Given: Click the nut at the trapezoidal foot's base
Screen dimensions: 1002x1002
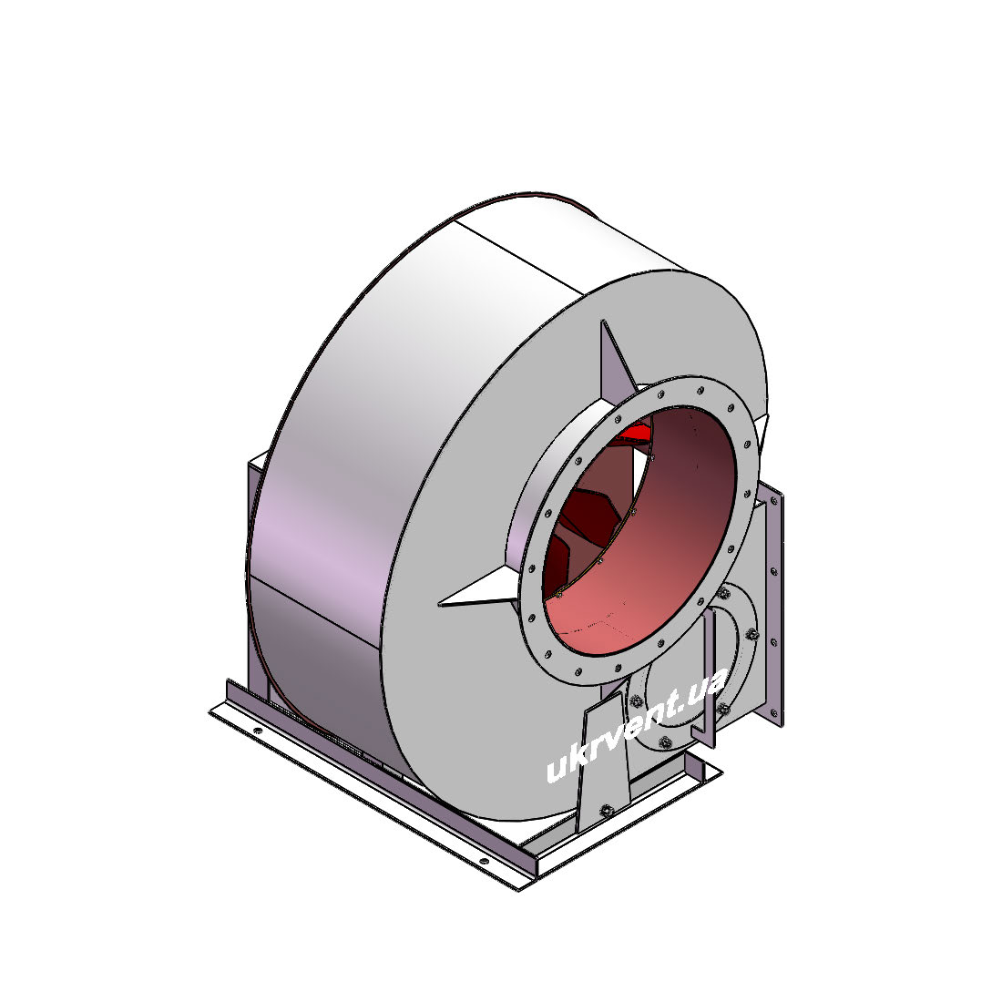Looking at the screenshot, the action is click(x=605, y=811).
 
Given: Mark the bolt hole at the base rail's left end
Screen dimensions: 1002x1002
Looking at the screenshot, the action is click(x=258, y=731).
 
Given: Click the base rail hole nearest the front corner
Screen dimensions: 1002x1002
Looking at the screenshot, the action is click(x=484, y=861).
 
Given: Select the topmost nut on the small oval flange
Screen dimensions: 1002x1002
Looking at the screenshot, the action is click(x=723, y=594).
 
